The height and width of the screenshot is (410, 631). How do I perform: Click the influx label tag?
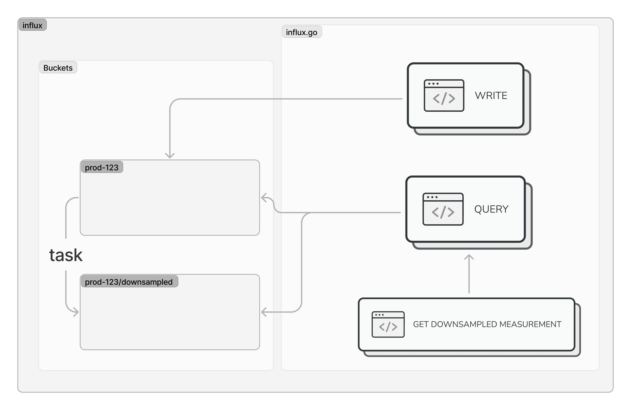coord(32,25)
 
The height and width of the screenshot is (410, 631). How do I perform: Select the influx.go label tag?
coord(301,32)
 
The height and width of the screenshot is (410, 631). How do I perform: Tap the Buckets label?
coord(58,68)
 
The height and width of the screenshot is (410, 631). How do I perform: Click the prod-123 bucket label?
coord(102,167)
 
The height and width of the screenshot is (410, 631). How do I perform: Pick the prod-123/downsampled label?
coord(129,282)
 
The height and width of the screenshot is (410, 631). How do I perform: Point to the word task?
coord(66,255)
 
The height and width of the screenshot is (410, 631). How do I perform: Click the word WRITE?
coord(491,96)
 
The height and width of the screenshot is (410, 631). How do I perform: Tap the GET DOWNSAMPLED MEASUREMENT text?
coord(487,324)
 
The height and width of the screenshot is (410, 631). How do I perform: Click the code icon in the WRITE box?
coord(444,96)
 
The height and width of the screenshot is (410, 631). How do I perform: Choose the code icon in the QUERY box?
coord(443,209)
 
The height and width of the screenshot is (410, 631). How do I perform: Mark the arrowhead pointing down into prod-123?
coord(170,156)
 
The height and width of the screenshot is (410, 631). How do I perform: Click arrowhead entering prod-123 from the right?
coord(263,198)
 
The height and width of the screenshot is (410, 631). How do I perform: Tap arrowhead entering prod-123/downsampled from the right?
coord(263,312)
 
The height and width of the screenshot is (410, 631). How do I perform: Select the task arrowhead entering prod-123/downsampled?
coord(76,312)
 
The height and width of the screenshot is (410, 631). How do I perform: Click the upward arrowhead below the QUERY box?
coord(469,257)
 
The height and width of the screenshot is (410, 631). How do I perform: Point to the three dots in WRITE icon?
coord(433,83)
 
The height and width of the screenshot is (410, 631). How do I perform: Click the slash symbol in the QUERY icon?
coord(443,212)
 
